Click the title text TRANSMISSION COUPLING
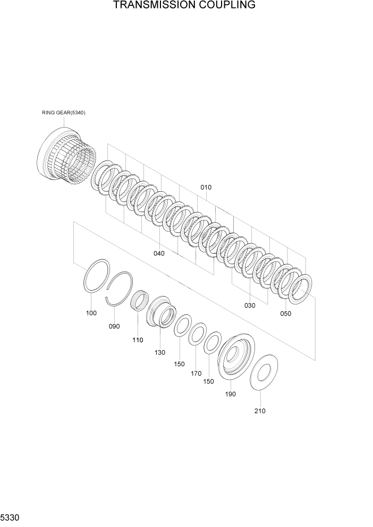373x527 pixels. pos(184,5)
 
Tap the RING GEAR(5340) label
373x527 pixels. pos(64,113)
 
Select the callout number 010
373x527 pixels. pos(206,188)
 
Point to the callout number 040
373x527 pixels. pos(159,253)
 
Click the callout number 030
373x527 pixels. pos(249,305)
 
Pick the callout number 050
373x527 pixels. pos(285,313)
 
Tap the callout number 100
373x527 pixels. pos(91,313)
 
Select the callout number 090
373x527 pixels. pos(114,326)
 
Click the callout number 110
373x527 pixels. pos(138,340)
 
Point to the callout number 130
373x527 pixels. pos(160,352)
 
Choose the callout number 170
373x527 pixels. pos(197,373)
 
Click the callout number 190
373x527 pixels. pos(231,394)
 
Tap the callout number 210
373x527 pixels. pos(260,411)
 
